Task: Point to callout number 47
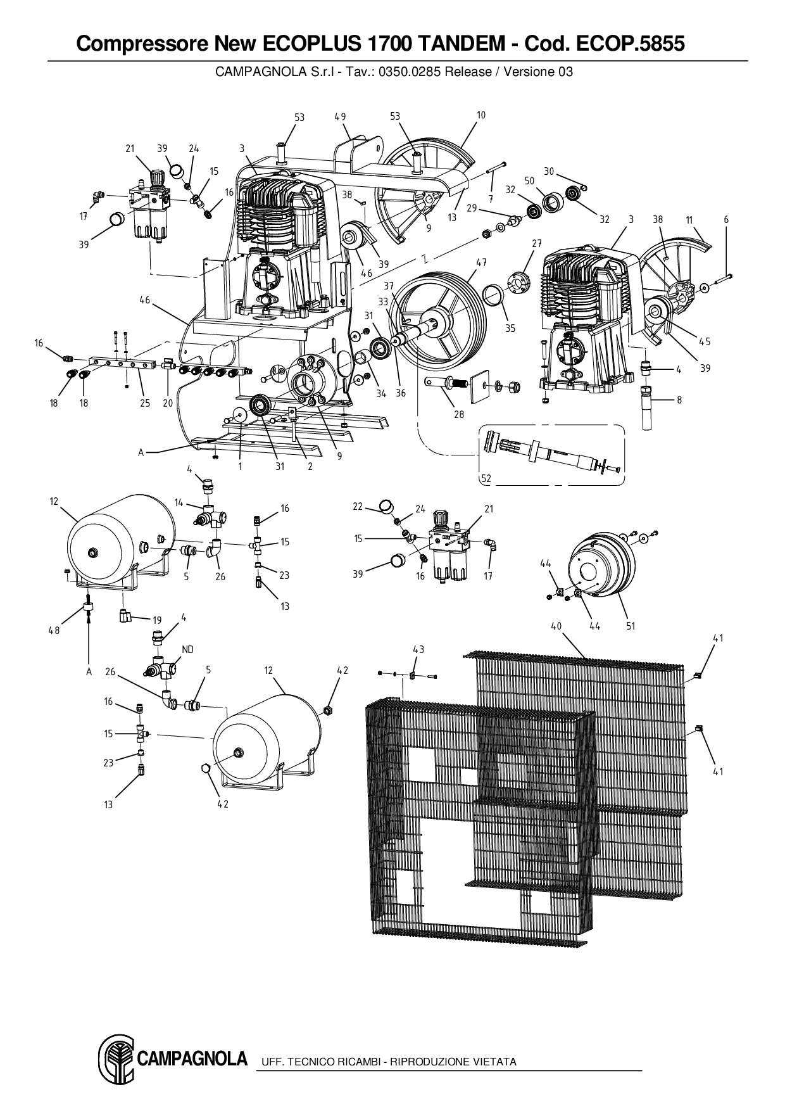[481, 262]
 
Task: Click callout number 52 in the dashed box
[486, 479]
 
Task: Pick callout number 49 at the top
[340, 117]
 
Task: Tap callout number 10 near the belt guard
[481, 115]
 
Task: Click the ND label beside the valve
[187, 649]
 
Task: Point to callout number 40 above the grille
[556, 626]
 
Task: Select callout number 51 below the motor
[631, 626]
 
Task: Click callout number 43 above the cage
[418, 649]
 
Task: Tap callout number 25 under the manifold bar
[145, 403]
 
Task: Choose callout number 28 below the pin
[459, 414]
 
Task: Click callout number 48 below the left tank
[55, 630]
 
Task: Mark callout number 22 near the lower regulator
[358, 506]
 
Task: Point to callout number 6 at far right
[726, 220]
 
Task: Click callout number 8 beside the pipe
[679, 400]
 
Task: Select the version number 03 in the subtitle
[565, 72]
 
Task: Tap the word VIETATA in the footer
[494, 1062]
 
